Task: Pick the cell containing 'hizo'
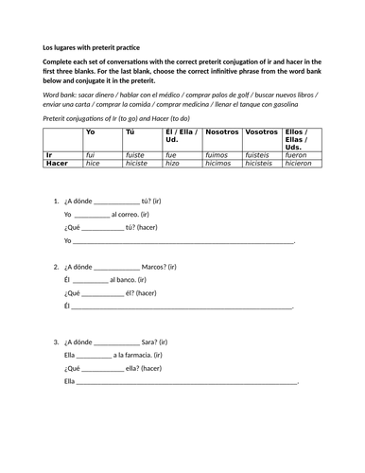tap(171, 164)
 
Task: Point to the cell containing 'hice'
tap(93, 164)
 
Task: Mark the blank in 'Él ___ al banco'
tap(90, 281)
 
